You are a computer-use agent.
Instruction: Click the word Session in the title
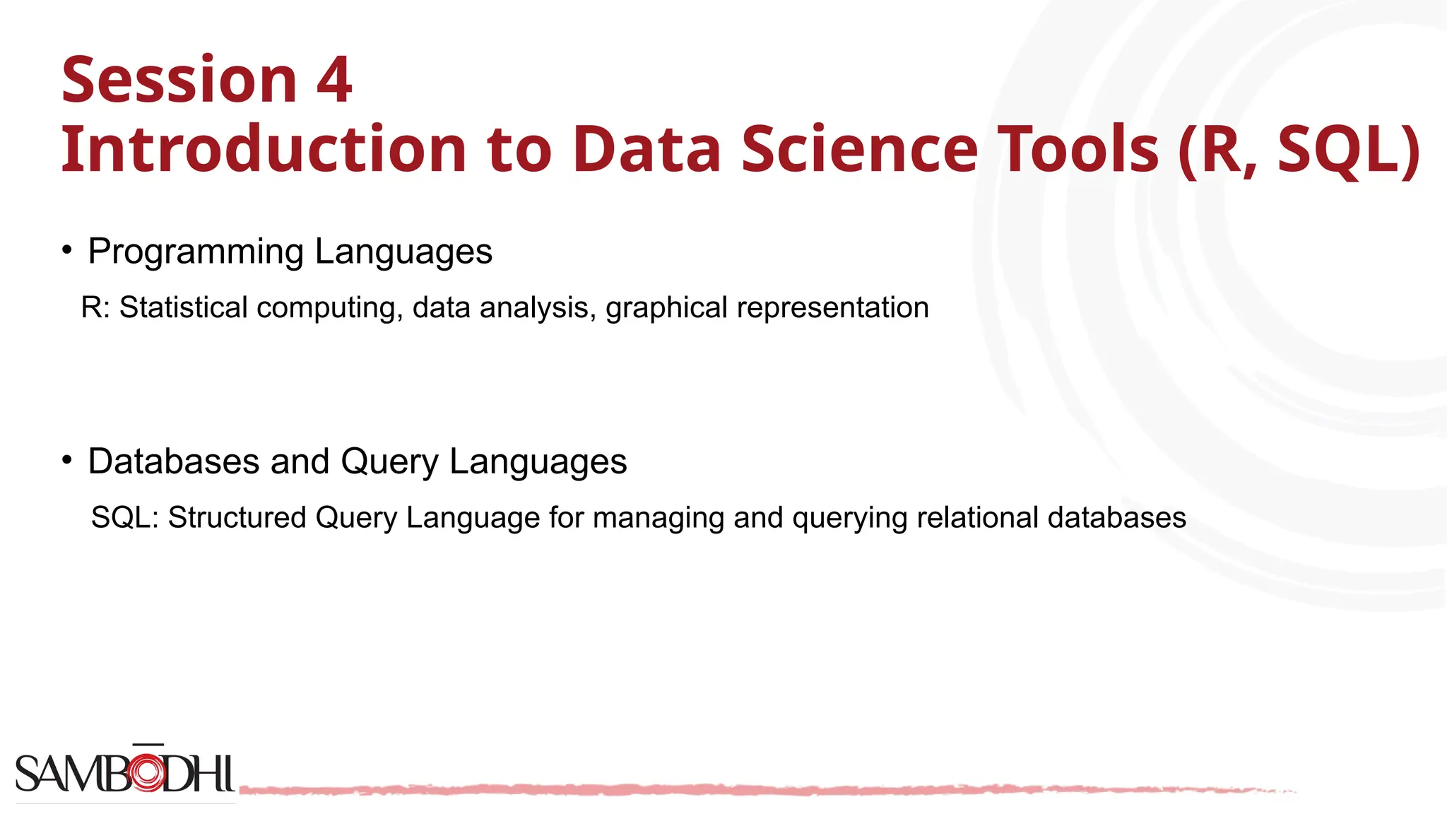coord(179,80)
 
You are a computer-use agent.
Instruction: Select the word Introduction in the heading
coord(264,149)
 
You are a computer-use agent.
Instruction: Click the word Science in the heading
coord(859,149)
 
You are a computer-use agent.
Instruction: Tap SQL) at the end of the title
coord(1349,149)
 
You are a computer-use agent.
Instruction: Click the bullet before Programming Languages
coord(67,249)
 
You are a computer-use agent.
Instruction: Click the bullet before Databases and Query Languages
coord(67,460)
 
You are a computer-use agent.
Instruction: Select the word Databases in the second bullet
coord(174,461)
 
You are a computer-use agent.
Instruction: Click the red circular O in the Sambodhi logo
coord(148,773)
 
